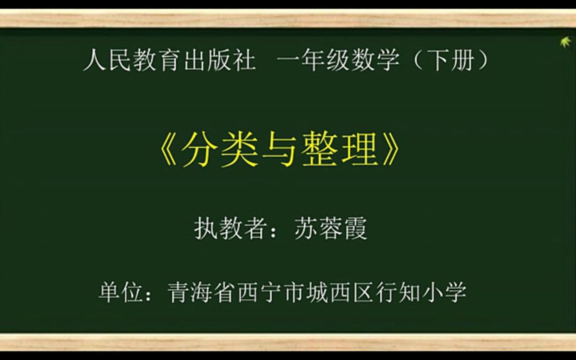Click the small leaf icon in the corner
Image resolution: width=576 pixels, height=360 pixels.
point(566,42)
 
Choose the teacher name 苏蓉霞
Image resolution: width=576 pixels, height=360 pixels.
point(330,229)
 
